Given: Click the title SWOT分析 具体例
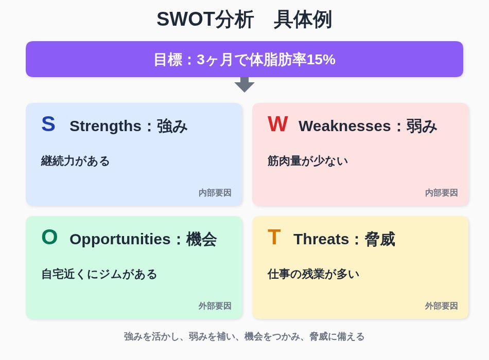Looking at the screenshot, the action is (244, 20).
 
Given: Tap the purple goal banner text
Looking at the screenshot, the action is (244, 60).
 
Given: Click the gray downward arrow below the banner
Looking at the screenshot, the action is (244, 85).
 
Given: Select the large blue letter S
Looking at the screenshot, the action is (48, 124).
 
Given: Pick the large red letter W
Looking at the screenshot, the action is (277, 124).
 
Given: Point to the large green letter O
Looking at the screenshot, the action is (49, 237).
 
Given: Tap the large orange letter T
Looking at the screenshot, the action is (274, 237).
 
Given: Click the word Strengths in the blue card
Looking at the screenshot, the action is (106, 127).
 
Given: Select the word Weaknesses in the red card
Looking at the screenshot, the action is (344, 126).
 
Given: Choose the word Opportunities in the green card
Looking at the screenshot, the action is (120, 240).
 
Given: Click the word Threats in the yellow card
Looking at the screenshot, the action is (321, 239).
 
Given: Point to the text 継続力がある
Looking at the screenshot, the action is (75, 161).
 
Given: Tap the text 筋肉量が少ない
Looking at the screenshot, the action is (307, 161).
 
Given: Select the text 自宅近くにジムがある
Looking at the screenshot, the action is (99, 274).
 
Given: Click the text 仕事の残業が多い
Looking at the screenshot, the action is (313, 274).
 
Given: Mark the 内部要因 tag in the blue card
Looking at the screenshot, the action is (215, 193).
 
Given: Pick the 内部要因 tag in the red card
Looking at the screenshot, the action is (441, 193).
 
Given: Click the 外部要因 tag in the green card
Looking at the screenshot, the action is (215, 306).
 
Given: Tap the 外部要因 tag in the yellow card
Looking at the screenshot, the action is (441, 306).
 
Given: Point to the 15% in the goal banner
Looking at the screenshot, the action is (321, 60).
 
